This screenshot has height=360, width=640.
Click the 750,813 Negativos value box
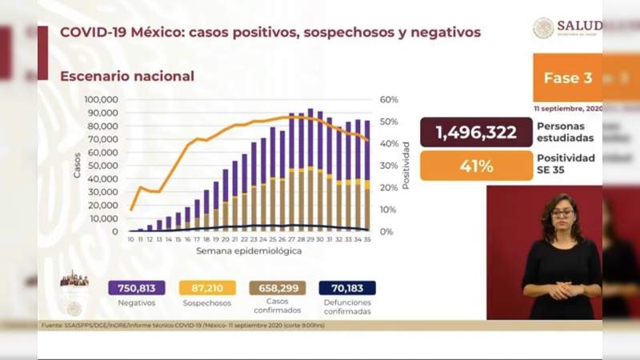click(x=136, y=288)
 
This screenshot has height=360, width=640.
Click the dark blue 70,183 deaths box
click(x=346, y=288)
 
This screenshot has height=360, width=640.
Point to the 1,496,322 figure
click(x=476, y=132)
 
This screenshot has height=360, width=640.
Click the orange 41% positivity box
click(x=476, y=166)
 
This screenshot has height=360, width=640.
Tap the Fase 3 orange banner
click(x=567, y=78)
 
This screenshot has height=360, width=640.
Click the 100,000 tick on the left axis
click(x=102, y=100)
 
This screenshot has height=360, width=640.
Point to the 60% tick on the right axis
click(x=389, y=100)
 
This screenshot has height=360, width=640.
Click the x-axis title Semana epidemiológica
click(x=250, y=251)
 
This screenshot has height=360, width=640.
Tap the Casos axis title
click(x=78, y=165)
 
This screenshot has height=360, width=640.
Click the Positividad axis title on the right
click(x=406, y=166)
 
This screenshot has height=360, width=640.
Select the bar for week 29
click(x=310, y=170)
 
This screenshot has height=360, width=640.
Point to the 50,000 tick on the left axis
click(x=103, y=166)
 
